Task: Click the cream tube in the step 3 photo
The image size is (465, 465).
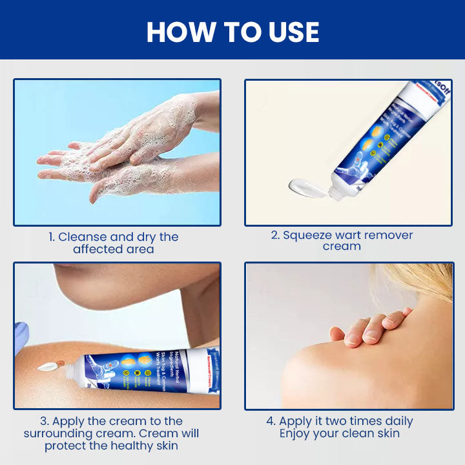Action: (149, 374)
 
